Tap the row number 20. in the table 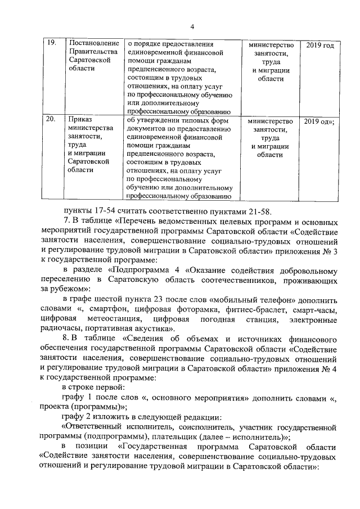[x=51, y=121]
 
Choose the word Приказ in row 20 [x=79, y=121]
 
